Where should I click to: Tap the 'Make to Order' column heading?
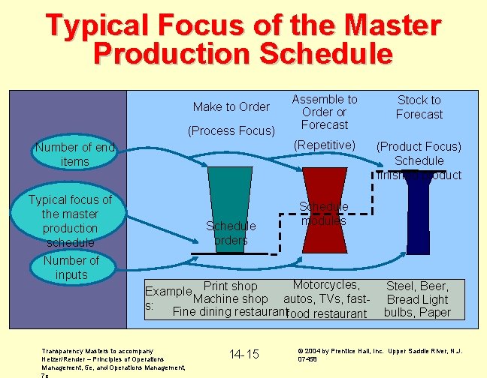[231, 106]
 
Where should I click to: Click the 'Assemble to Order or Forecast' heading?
[325, 112]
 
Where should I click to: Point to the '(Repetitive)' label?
[325, 144]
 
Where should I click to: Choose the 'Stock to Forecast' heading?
[419, 106]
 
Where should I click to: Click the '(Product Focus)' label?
[419, 146]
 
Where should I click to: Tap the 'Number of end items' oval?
[74, 154]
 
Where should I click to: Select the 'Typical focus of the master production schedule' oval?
[70, 220]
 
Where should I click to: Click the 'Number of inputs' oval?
[71, 267]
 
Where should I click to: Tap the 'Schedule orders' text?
[231, 232]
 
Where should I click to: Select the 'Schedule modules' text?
[324, 214]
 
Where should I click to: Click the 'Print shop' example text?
[231, 286]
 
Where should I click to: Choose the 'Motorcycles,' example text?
[326, 285]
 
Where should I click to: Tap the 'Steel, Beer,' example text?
[417, 286]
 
